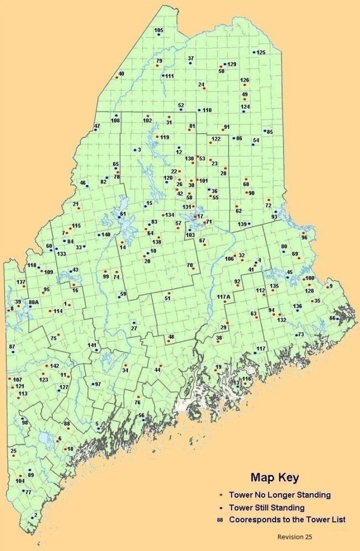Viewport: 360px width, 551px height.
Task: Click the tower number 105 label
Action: (159, 30)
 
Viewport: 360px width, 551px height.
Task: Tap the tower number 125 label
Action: (261, 52)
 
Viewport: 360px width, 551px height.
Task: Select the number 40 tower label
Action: (121, 73)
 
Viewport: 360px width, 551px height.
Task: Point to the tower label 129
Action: (232, 64)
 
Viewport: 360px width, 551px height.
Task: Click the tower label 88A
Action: (34, 302)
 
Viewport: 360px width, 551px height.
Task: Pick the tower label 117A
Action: (223, 297)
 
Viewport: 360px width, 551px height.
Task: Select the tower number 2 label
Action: (36, 515)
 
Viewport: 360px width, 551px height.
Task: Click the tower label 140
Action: (106, 235)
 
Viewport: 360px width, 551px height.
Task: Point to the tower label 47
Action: (97, 127)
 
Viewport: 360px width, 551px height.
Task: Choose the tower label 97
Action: (98, 384)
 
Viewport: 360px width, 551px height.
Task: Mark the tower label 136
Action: (297, 306)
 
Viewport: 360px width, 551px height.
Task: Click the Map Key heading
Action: (275, 477)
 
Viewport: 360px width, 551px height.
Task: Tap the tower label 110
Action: (207, 110)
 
